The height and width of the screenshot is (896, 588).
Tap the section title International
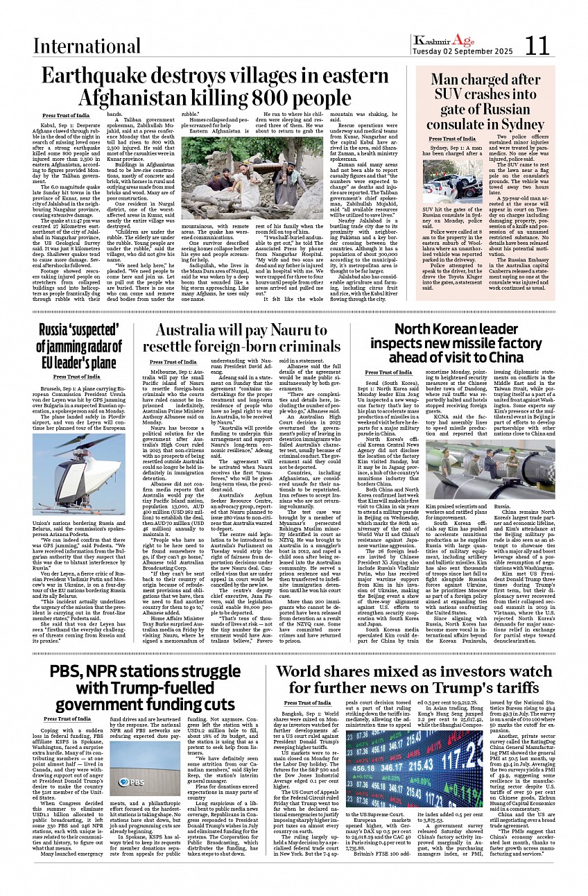(x=87, y=46)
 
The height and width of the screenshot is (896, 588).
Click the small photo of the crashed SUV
(x=452, y=182)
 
